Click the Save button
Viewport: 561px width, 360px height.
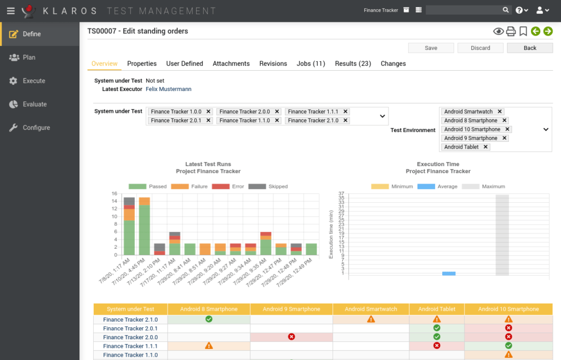[x=431, y=48]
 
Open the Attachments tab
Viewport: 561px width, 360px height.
[x=231, y=64]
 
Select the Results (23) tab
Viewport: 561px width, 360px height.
[x=353, y=64]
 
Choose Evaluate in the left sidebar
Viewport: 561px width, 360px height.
[x=35, y=104]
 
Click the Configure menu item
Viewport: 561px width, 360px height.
[x=36, y=128]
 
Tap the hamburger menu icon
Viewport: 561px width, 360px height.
[x=10, y=10]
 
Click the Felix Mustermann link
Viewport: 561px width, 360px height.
[x=168, y=89]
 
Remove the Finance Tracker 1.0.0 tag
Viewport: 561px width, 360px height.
[x=208, y=111]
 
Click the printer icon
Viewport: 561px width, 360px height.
[x=511, y=31]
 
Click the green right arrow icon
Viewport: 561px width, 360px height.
[x=547, y=31]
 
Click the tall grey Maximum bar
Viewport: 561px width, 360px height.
[x=502, y=235]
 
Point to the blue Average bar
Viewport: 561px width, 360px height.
[x=449, y=273]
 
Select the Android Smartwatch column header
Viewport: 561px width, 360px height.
[x=371, y=309]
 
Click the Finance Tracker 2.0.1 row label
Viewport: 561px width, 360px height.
[x=130, y=328]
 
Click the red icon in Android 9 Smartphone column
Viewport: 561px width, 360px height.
[x=291, y=337]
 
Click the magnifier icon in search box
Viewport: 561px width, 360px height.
[x=506, y=10]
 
